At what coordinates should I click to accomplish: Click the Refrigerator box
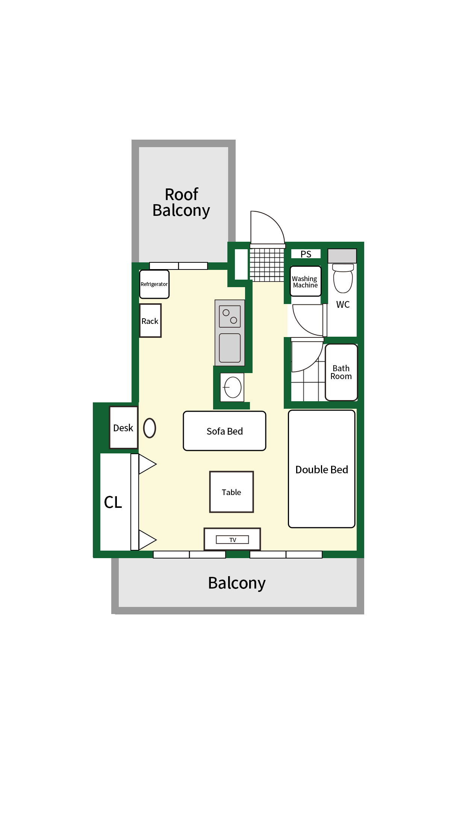point(154,284)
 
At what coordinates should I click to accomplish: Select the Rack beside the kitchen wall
point(150,321)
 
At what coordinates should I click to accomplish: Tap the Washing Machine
point(306,281)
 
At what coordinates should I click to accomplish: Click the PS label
point(306,254)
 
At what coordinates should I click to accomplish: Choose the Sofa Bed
point(224,431)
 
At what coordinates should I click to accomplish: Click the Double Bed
point(322,469)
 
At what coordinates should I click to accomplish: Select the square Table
point(232,492)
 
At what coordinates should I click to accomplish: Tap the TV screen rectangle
point(232,539)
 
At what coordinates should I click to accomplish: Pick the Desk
point(123,428)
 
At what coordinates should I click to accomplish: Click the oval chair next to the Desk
point(150,428)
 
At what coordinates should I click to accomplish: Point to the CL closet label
point(113,502)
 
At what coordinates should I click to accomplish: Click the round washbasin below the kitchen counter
point(233,387)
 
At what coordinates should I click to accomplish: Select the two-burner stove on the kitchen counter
point(230,316)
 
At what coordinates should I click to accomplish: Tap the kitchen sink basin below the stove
point(230,348)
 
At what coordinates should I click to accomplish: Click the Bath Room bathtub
point(341,372)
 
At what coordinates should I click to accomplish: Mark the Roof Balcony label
point(181,203)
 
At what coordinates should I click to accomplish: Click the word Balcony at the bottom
point(237,583)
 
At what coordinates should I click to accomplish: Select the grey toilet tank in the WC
point(342,256)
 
